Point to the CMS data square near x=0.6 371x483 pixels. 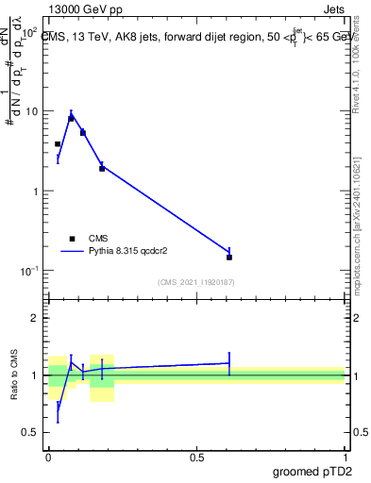(229, 257)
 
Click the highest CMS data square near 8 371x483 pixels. (71, 119)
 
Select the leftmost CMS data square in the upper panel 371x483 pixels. (58, 144)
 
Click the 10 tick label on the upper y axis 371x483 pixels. (32, 111)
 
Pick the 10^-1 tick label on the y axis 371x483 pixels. (29, 271)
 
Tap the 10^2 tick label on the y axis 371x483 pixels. (29, 32)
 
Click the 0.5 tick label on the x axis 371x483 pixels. (196, 457)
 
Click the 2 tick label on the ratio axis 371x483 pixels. (36, 318)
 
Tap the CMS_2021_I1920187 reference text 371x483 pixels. (195, 282)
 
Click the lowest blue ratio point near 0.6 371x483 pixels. (58, 412)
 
